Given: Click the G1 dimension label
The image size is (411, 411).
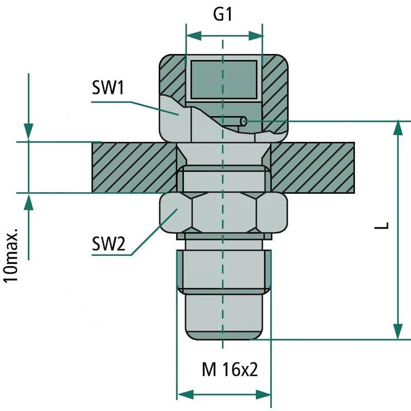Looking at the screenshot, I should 223,15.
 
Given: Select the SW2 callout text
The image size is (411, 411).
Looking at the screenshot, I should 108,243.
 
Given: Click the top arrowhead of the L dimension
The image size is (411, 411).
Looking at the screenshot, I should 399,129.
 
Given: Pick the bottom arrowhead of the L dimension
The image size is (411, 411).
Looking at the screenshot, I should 399,331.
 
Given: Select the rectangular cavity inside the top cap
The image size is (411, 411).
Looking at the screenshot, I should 223,79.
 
